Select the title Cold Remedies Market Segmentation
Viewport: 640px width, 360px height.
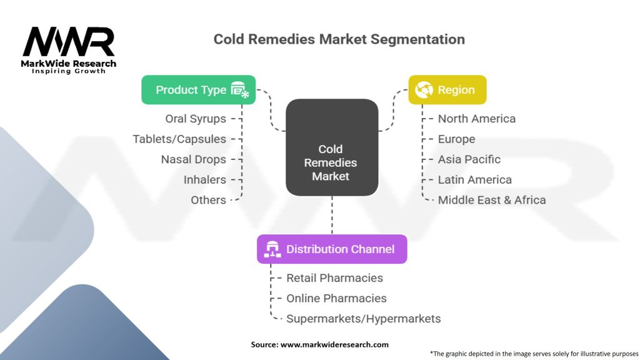click(339, 39)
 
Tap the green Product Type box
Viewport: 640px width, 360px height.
click(198, 90)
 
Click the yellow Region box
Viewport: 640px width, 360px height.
click(447, 90)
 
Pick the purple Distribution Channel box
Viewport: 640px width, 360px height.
click(332, 249)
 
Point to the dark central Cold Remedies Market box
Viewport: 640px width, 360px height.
click(331, 147)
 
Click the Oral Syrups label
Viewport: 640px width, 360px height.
click(196, 119)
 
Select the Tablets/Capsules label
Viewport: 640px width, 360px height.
click(179, 139)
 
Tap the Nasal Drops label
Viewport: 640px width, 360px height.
click(193, 159)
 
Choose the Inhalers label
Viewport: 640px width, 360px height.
click(204, 179)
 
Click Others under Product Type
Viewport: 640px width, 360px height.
click(208, 200)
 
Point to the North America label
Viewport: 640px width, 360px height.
click(476, 119)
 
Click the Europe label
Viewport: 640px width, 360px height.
click(456, 139)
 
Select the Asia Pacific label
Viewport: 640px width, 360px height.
click(469, 159)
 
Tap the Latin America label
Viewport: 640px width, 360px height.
click(474, 179)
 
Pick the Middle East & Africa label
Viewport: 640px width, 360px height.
click(491, 200)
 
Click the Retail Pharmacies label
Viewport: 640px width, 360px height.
click(334, 277)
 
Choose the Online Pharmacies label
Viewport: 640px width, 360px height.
click(336, 298)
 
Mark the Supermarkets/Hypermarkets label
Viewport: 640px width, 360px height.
click(363, 319)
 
